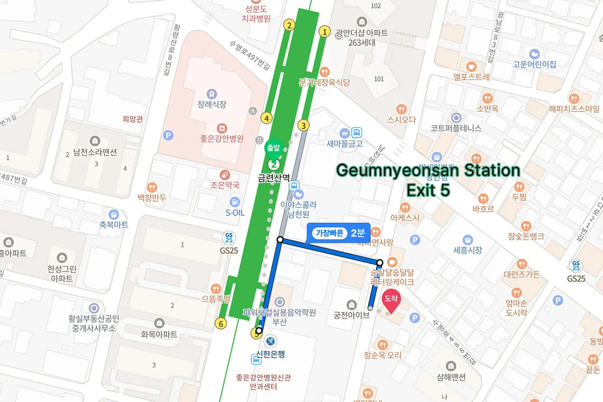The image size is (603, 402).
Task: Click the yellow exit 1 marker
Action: point(325,32)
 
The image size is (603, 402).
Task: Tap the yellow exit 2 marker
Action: point(288,25)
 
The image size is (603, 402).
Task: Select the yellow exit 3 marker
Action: point(303,125)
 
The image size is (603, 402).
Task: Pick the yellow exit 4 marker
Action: point(266,118)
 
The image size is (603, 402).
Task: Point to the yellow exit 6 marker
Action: point(220,323)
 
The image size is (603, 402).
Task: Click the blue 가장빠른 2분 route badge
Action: point(338,233)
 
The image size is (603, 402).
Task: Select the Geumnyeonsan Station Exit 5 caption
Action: point(428,179)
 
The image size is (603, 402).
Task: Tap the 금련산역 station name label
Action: point(274,177)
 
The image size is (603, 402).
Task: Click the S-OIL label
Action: point(235,213)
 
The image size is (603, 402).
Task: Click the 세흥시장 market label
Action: point(468,250)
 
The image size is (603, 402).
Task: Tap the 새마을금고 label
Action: point(344,144)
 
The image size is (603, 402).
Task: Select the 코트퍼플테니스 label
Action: point(456,128)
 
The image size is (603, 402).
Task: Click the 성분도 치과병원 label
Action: point(258,14)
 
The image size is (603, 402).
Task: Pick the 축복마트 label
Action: point(114,225)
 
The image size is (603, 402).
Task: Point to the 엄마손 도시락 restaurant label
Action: point(517,308)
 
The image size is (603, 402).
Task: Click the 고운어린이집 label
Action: point(534,64)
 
